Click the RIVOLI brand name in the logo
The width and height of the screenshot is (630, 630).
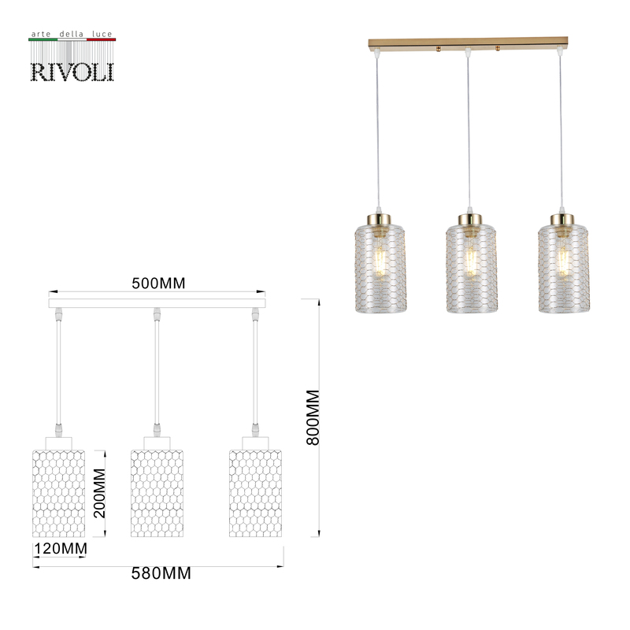72,71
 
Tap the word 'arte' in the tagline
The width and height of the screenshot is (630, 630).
39,35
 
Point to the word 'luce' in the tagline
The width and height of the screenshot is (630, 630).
102,35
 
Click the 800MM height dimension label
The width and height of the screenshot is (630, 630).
313,417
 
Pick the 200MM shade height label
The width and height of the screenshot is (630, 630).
100,492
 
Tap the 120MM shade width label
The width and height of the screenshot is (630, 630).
59,548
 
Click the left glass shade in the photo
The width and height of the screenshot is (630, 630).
379,268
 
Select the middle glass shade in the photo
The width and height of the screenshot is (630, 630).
471,268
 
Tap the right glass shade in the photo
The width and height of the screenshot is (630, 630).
563,268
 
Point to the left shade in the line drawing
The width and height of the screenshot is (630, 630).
58,492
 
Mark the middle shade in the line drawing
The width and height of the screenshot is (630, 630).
157,492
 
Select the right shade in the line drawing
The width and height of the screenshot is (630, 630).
255,492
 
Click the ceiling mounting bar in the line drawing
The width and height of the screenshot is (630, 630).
157,302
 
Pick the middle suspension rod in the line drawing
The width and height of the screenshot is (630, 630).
157,370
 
